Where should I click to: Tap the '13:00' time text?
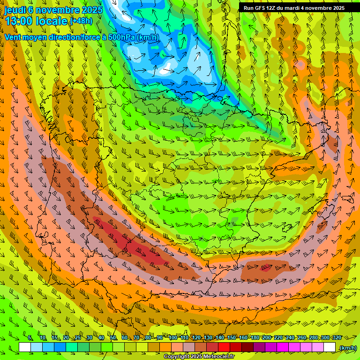coord(19,21)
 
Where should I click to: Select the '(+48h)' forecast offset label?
coord(81,21)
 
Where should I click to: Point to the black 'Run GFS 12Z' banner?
coord(294,8)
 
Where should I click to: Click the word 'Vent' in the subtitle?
coord(13,37)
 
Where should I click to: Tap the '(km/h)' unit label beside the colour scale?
coord(347,348)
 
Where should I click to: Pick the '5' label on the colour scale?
coord(30,338)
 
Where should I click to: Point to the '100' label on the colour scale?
coord(172,338)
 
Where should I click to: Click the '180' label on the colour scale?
coord(255,338)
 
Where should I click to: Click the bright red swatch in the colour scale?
coord(224,347)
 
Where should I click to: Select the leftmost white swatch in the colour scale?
coord(25,347)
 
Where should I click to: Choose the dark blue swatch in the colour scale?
coord(60,347)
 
